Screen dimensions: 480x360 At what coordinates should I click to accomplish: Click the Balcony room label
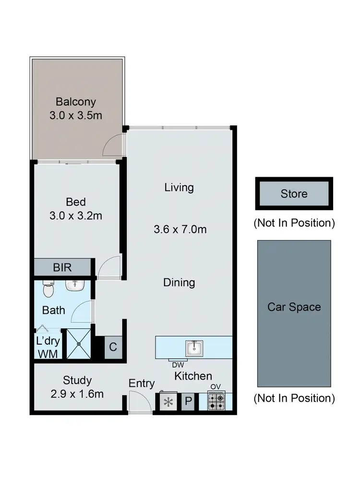[76, 102]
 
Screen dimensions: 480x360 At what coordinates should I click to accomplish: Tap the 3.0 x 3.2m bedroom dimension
[76, 216]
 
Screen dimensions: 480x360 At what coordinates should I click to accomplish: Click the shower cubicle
[78, 344]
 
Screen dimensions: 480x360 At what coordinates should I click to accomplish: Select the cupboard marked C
[113, 347]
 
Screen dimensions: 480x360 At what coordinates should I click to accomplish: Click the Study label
[77, 381]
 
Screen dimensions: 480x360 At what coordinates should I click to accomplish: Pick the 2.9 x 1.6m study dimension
[77, 394]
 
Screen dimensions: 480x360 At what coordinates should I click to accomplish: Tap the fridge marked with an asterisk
[168, 402]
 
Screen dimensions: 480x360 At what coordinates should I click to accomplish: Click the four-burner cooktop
[216, 402]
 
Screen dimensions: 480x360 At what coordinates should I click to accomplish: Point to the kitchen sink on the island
[194, 347]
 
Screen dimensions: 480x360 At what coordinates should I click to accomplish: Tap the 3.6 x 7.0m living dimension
[180, 229]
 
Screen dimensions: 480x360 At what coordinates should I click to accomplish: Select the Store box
[293, 194]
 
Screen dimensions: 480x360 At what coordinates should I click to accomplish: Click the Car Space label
[294, 307]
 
